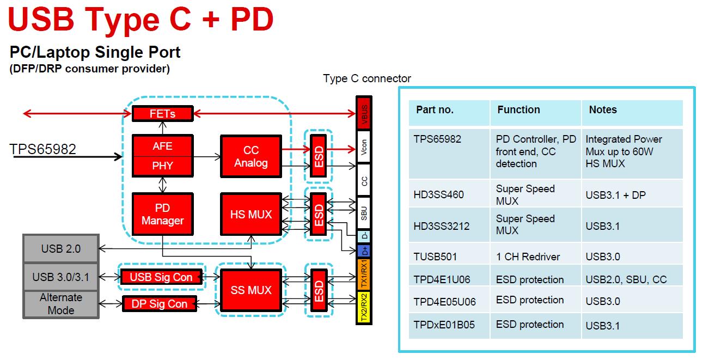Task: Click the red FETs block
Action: pos(162,114)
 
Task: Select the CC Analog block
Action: pos(251,156)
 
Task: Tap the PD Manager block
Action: pos(162,214)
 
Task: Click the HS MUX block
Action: pos(251,215)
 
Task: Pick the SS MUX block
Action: pos(251,290)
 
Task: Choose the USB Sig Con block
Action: pos(161,277)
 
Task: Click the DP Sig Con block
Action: pos(159,304)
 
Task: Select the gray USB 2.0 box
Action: pos(60,249)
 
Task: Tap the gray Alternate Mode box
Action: pos(60,304)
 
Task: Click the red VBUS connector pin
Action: pos(364,113)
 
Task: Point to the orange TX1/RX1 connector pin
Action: pos(364,274)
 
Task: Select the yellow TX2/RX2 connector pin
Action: pos(364,307)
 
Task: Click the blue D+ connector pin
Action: pos(364,251)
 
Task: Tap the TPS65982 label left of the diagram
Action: pos(43,149)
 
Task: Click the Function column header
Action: pos(518,109)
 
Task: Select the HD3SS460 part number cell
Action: pos(438,194)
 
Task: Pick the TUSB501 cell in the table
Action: pos(435,257)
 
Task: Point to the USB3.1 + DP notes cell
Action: pos(615,194)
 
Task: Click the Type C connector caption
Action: pos(366,78)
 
